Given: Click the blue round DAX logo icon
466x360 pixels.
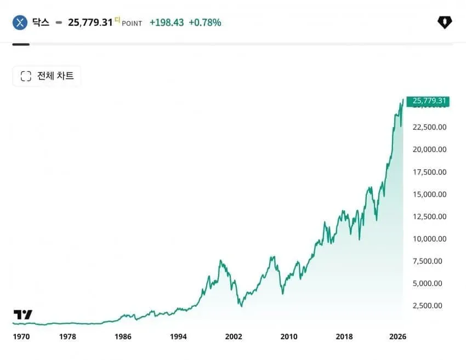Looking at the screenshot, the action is pyautogui.click(x=20, y=22).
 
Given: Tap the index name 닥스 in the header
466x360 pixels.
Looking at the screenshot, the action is pyautogui.click(x=41, y=22).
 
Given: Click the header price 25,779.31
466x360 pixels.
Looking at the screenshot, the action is pyautogui.click(x=90, y=22).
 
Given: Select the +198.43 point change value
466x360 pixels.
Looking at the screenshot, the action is pyautogui.click(x=167, y=22).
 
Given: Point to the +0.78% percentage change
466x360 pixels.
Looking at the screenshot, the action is pyautogui.click(x=205, y=22).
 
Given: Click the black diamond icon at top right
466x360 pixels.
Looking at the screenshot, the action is pyautogui.click(x=445, y=22).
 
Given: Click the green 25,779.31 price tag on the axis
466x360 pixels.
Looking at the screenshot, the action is pyautogui.click(x=428, y=101).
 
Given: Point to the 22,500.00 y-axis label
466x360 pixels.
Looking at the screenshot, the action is pyautogui.click(x=429, y=127).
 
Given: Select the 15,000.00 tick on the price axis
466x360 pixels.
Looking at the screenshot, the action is pyautogui.click(x=429, y=195).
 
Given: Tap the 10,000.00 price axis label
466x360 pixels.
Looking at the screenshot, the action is pyautogui.click(x=429, y=239).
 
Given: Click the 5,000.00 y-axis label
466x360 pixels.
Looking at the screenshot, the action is pyautogui.click(x=428, y=283).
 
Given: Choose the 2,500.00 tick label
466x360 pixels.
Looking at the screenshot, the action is pyautogui.click(x=428, y=306).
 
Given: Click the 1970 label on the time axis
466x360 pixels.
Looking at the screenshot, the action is pyautogui.click(x=21, y=336).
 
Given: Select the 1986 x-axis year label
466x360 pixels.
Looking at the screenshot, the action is pyautogui.click(x=123, y=336).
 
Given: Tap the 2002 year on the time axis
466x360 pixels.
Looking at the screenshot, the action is pyautogui.click(x=234, y=336).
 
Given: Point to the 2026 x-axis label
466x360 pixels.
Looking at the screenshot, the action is pyautogui.click(x=397, y=336).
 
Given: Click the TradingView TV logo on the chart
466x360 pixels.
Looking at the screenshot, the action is pyautogui.click(x=22, y=315).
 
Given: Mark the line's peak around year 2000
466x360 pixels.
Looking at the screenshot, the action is pyautogui.click(x=220, y=260).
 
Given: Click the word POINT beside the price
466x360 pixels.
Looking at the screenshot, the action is pyautogui.click(x=132, y=24).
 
